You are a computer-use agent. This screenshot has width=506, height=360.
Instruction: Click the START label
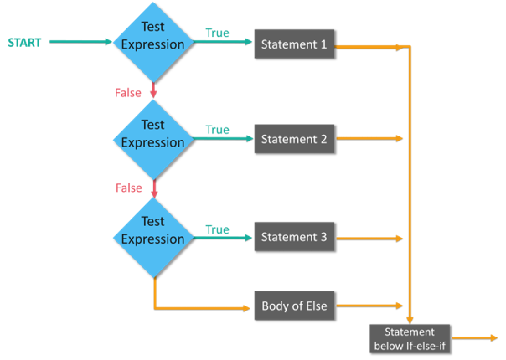point(24,42)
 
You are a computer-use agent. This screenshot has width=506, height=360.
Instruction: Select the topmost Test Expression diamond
point(152,39)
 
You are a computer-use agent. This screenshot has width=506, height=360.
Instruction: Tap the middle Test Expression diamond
point(152,134)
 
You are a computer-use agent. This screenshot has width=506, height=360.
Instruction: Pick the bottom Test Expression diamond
point(152,231)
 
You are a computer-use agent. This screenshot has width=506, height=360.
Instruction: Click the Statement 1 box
point(294,44)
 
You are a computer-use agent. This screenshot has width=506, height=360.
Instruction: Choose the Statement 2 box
point(294,139)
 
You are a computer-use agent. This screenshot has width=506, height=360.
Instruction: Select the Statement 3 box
point(294,237)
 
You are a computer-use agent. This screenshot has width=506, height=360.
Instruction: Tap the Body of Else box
point(294,306)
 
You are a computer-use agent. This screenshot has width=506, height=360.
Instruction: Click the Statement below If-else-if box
point(410,337)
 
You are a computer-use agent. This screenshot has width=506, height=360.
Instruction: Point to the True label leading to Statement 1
point(217,33)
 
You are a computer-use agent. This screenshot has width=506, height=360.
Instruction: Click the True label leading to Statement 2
point(217,130)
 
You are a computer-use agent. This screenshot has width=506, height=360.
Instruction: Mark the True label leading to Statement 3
point(217,229)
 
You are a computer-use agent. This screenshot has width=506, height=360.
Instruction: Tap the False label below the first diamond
point(128,93)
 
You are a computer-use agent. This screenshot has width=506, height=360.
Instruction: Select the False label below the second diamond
point(128,188)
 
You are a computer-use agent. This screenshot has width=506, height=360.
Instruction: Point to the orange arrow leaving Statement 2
point(369,138)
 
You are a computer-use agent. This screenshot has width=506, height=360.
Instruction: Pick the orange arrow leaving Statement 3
point(369,239)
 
